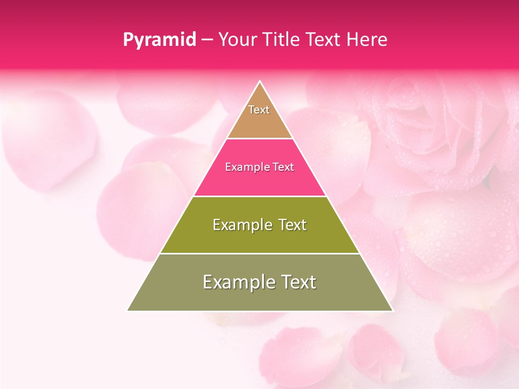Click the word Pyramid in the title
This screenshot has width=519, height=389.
159,40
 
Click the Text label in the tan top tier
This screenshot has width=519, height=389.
259,110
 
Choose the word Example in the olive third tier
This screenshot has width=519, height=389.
240,225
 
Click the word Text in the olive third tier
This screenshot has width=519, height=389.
292,225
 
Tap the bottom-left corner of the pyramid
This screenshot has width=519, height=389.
128,311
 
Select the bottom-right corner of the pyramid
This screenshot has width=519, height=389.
392,311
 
